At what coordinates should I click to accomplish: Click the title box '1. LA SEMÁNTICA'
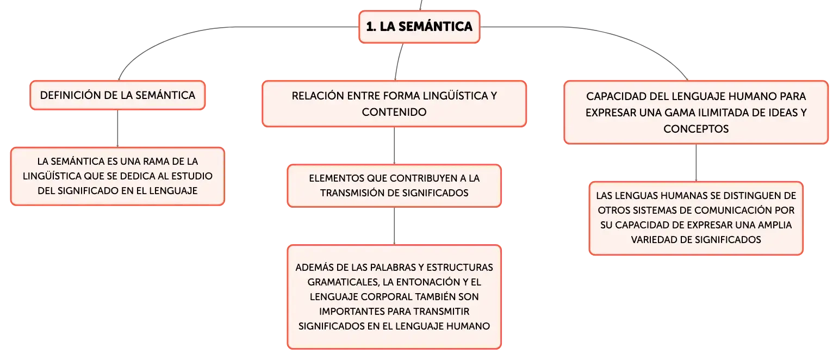pos(419,27)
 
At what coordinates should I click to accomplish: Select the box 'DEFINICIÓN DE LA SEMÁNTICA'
pos(117,95)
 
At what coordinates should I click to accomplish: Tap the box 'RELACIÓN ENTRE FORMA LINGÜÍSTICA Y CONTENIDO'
pos(394,104)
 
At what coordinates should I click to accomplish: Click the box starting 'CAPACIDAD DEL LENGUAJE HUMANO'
pos(696,113)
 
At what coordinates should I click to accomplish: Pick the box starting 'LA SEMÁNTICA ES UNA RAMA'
pos(117,176)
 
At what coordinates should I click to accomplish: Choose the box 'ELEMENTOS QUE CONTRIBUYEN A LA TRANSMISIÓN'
pos(394,185)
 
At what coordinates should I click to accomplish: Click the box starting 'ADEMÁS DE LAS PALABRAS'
pos(394,297)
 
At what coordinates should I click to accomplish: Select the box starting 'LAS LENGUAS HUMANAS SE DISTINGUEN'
pos(696,218)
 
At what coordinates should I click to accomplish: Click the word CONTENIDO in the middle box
pos(394,112)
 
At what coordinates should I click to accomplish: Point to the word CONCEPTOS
pos(696,129)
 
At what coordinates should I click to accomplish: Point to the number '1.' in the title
pos(371,27)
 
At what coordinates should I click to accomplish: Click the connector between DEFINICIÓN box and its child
pos(117,128)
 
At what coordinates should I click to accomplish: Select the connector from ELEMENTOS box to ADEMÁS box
pos(394,226)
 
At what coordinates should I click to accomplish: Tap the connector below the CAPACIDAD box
pos(696,163)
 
